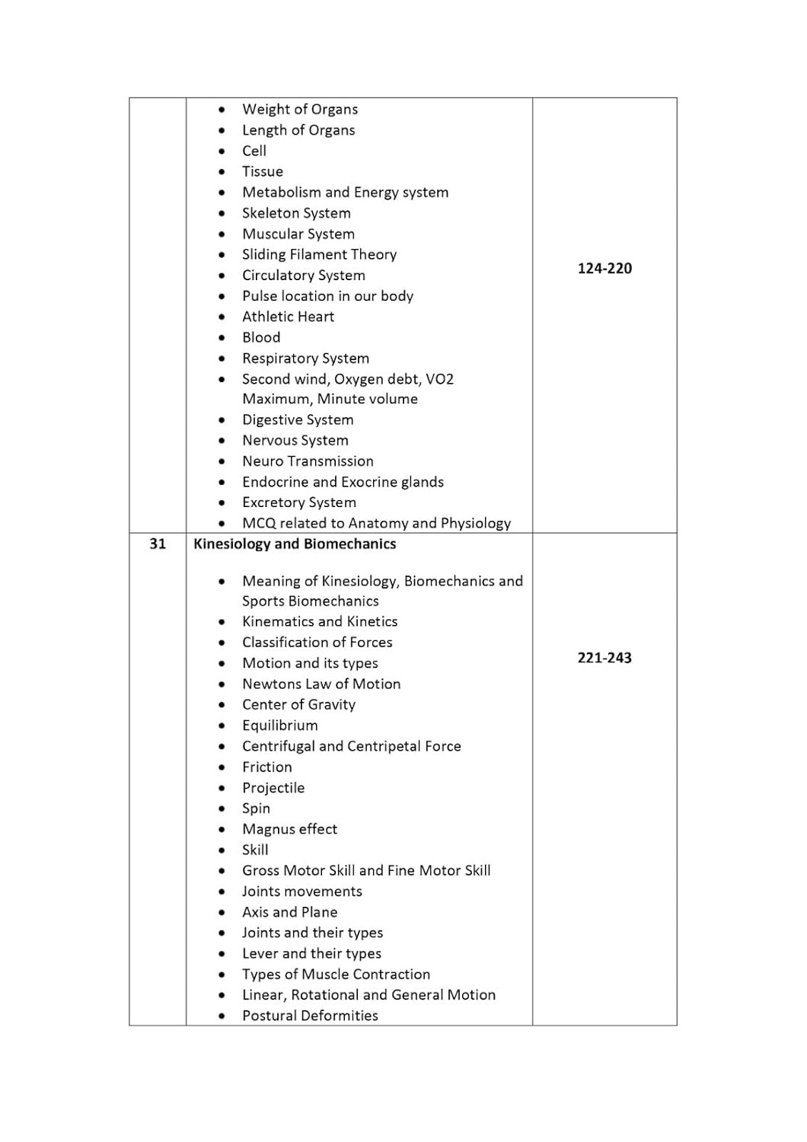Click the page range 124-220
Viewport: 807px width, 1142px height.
click(x=604, y=268)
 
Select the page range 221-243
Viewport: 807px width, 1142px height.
click(x=604, y=658)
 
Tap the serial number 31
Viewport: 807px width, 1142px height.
click(x=158, y=544)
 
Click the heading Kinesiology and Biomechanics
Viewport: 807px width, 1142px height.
click(x=295, y=544)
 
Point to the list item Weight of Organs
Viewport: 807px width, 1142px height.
click(x=300, y=110)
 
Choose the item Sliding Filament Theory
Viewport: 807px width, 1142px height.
click(x=319, y=254)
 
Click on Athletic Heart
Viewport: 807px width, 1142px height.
click(x=288, y=317)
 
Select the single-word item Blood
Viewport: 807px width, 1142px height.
click(x=261, y=337)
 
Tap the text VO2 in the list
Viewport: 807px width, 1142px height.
click(x=440, y=379)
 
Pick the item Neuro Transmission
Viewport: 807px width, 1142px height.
click(x=308, y=461)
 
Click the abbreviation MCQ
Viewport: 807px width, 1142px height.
click(x=259, y=523)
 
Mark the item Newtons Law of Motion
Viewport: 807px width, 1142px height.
click(x=321, y=684)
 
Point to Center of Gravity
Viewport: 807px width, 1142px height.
click(x=298, y=705)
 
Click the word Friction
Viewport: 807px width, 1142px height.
click(x=266, y=767)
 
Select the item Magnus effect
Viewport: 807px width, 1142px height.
click(x=289, y=829)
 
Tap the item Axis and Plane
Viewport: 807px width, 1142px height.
click(x=289, y=912)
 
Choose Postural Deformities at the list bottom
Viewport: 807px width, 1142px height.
click(x=310, y=1016)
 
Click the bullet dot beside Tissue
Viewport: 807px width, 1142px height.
click(x=222, y=172)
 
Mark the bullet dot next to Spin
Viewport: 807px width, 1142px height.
click(x=222, y=809)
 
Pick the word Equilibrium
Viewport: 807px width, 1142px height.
click(x=280, y=726)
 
